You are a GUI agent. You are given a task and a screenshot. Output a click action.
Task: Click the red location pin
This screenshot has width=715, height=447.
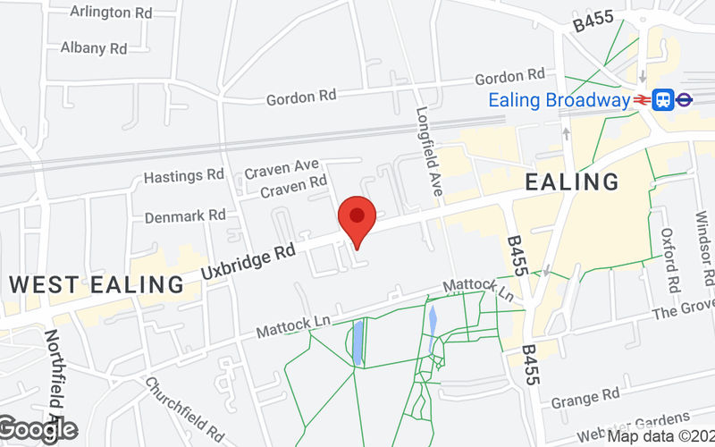(x=357, y=220)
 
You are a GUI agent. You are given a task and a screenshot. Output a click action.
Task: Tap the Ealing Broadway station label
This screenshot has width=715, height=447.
(x=559, y=100)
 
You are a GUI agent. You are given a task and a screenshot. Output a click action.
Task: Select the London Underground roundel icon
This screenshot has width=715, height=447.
(x=684, y=100)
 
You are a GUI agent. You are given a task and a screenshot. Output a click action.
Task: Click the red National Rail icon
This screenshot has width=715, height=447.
(x=642, y=100)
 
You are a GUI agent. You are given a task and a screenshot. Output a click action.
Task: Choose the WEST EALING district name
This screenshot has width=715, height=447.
(x=97, y=285)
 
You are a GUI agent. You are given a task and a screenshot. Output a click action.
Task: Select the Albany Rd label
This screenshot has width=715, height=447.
(x=94, y=48)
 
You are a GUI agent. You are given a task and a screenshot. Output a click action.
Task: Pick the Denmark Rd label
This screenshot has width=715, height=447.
(x=185, y=215)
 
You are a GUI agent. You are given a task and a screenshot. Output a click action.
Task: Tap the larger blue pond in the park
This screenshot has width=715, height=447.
(x=358, y=342)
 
